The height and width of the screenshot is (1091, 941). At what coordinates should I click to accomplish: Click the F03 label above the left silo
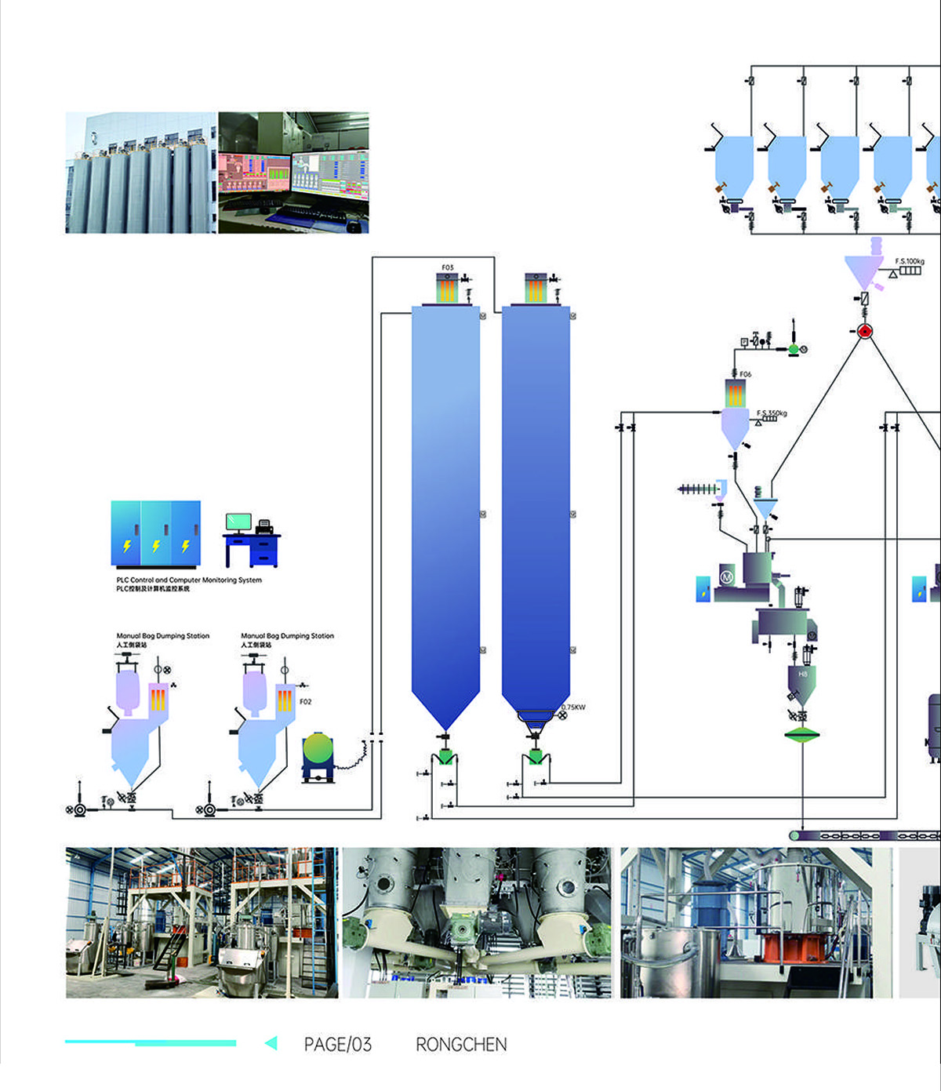click(x=447, y=267)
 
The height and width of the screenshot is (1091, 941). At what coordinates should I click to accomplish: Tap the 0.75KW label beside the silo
click(x=573, y=707)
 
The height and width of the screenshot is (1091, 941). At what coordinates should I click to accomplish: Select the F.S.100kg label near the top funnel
click(x=910, y=261)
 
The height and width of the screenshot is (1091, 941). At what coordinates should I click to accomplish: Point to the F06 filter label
click(x=745, y=374)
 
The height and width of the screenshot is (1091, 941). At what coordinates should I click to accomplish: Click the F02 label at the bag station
click(x=305, y=701)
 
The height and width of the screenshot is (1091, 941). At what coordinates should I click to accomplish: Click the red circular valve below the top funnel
click(x=864, y=331)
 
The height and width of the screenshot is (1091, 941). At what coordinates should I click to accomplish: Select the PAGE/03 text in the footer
click(x=337, y=1045)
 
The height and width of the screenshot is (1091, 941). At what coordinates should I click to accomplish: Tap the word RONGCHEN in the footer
click(x=461, y=1045)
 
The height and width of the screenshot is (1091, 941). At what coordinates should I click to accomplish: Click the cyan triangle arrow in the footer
click(x=271, y=1043)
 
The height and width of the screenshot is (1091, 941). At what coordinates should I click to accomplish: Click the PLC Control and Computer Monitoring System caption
click(x=189, y=580)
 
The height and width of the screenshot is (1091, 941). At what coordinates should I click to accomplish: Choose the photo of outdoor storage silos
click(x=141, y=173)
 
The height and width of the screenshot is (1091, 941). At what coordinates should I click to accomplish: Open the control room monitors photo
click(x=293, y=173)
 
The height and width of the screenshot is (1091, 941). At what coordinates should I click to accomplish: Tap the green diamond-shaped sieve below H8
click(x=801, y=735)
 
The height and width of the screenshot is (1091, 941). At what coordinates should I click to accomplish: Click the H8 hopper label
click(x=802, y=675)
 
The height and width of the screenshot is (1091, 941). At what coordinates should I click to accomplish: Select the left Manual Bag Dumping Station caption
click(x=162, y=636)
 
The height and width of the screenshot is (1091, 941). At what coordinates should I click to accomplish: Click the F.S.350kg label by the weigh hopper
click(x=772, y=413)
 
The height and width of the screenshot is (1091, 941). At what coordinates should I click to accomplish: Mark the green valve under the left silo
click(x=445, y=756)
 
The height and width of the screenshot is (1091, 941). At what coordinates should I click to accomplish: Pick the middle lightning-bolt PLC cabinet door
click(x=156, y=533)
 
